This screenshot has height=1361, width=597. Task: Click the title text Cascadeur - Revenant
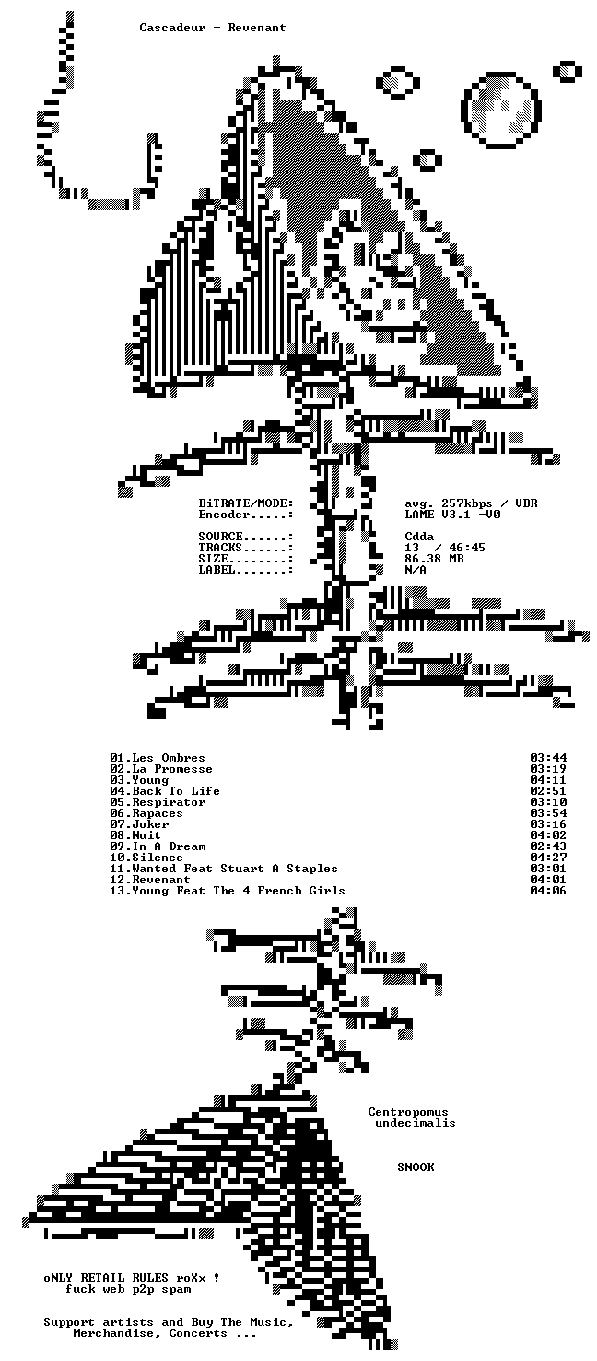pyautogui.click(x=213, y=28)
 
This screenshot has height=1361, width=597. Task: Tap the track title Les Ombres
pyautogui.click(x=169, y=758)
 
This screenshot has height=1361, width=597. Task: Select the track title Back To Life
pyautogui.click(x=176, y=791)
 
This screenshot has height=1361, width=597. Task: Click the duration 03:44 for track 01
pyautogui.click(x=548, y=758)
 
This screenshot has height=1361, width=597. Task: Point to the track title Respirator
pyautogui.click(x=169, y=802)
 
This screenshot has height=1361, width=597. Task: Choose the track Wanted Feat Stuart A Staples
pyautogui.click(x=234, y=869)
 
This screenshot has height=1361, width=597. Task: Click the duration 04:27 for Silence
pyautogui.click(x=548, y=858)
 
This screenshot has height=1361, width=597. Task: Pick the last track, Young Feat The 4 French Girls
pyautogui.click(x=238, y=891)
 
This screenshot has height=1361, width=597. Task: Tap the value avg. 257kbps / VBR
pyautogui.click(x=472, y=503)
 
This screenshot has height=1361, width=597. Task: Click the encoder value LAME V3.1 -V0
pyautogui.click(x=453, y=515)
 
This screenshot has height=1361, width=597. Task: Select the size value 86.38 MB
pyautogui.click(x=434, y=559)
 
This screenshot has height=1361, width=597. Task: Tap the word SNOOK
pyautogui.click(x=416, y=1166)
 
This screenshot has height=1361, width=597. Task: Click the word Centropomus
pyautogui.click(x=408, y=1111)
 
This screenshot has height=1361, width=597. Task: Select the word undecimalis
pyautogui.click(x=416, y=1123)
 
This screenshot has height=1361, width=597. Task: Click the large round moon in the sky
pyautogui.click(x=501, y=110)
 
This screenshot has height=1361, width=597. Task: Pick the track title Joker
pyautogui.click(x=150, y=824)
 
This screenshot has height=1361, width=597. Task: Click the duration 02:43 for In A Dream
pyautogui.click(x=548, y=846)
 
